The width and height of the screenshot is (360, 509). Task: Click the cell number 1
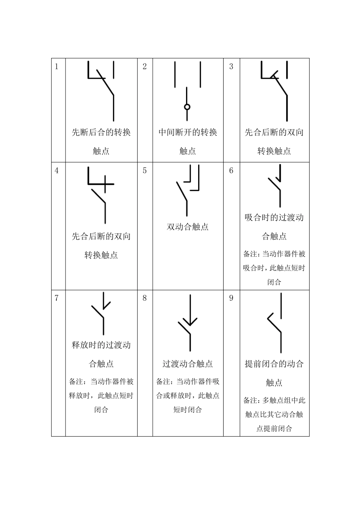57,67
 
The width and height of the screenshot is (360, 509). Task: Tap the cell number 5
144,171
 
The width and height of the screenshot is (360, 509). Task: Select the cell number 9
231,298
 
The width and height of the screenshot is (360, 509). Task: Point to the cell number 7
57,298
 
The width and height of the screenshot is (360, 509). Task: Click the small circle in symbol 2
187,107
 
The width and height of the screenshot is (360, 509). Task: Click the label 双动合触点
188,227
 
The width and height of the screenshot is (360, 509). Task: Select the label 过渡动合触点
188,364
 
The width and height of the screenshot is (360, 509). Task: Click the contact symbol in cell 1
101,91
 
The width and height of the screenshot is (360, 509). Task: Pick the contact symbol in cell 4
101,195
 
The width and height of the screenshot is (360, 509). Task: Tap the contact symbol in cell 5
188,189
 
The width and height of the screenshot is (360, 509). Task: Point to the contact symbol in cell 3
274,91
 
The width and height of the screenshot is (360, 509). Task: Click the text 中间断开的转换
188,132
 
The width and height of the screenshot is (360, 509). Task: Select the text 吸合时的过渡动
274,218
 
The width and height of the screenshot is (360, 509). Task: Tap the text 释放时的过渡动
101,345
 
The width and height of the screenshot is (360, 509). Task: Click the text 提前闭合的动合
274,364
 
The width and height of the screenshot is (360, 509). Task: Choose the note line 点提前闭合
274,428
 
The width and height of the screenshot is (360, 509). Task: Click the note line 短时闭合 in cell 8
188,409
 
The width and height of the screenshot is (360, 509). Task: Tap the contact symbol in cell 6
275,186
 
